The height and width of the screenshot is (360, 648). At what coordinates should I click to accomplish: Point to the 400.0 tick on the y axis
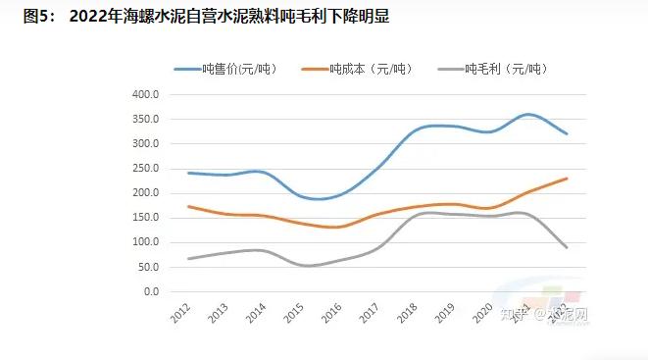[x=144, y=95]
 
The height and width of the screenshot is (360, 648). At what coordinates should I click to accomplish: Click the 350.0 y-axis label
[x=144, y=120]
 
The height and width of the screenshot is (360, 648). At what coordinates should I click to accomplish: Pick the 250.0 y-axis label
[x=144, y=169]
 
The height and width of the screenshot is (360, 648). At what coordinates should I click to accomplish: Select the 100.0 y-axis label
[x=144, y=242]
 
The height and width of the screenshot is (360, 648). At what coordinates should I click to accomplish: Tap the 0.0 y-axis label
[x=150, y=291]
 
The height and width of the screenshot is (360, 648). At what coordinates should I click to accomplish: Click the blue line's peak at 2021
[x=529, y=115]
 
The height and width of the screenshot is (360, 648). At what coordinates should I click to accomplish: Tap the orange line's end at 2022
[x=567, y=179]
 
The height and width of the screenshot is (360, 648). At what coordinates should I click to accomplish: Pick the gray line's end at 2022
[x=567, y=247]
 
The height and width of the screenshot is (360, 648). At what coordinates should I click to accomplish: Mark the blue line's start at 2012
[x=188, y=173]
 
